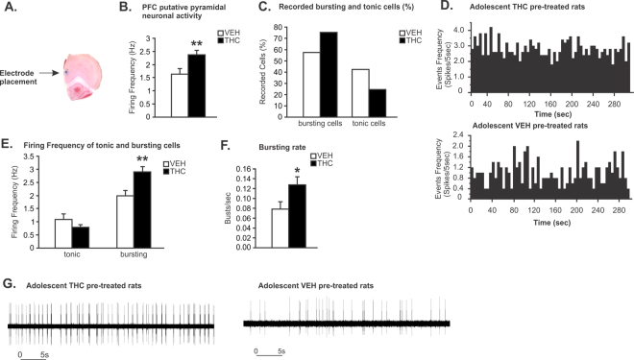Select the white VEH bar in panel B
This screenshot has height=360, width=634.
click(179, 95)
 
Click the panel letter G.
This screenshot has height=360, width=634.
click(10, 285)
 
